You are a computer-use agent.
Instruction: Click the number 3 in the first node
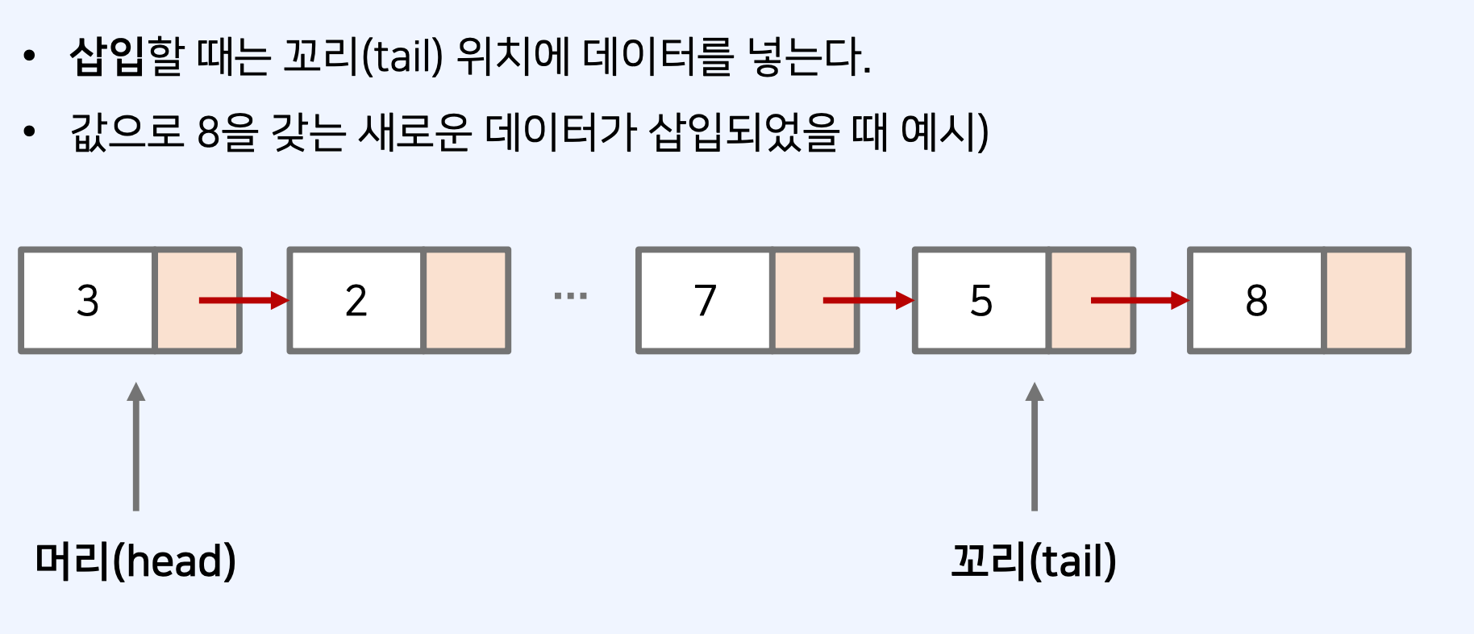tap(87, 301)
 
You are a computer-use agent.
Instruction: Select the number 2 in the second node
tap(356, 301)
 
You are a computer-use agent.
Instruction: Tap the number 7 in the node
tap(705, 301)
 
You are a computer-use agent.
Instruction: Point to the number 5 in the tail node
tap(981, 301)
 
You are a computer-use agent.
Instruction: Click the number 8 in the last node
tap(1256, 301)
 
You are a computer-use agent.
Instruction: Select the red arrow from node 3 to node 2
tap(243, 301)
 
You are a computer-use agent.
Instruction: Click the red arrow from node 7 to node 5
tap(867, 301)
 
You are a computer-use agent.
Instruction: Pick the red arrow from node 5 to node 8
tap(1138, 301)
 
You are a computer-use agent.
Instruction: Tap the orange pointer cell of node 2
tap(466, 301)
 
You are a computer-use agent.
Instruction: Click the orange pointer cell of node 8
tap(1367, 301)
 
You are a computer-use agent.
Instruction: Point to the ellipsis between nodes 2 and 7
tap(571, 296)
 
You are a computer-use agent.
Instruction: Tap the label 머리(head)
tap(135, 561)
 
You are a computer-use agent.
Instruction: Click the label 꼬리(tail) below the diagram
tap(1034, 561)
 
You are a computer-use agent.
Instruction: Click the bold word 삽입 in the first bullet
tap(106, 57)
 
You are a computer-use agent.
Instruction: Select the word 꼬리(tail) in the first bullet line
tap(363, 57)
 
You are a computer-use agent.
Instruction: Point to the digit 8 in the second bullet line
tap(209, 132)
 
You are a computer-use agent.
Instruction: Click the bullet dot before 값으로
tap(30, 131)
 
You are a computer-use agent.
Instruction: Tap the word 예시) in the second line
tap(944, 132)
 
